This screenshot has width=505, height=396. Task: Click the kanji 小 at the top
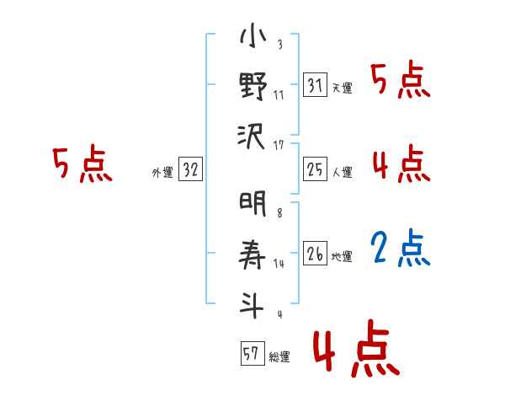pyautogui.click(x=252, y=39)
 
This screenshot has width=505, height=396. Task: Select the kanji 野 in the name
pyautogui.click(x=252, y=87)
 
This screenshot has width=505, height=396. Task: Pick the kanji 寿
pyautogui.click(x=252, y=252)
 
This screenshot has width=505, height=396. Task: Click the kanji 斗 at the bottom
pyautogui.click(x=252, y=301)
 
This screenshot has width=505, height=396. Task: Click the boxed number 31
pyautogui.click(x=316, y=84)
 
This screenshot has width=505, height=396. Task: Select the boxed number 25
pyautogui.click(x=316, y=169)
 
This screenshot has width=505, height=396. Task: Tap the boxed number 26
pyautogui.click(x=316, y=253)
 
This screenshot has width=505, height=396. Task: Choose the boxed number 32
pyautogui.click(x=190, y=169)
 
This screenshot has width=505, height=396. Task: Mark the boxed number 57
pyautogui.click(x=250, y=353)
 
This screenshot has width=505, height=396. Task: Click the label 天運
pyautogui.click(x=342, y=88)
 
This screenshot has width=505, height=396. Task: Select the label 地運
pyautogui.click(x=342, y=256)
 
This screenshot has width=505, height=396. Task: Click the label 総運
pyautogui.click(x=279, y=356)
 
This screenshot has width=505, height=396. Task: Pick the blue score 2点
pyautogui.click(x=401, y=248)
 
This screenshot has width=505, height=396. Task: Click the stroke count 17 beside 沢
pyautogui.click(x=279, y=145)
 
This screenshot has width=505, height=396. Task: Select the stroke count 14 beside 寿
pyautogui.click(x=279, y=264)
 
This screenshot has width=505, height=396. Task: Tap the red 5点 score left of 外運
pyautogui.click(x=82, y=164)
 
